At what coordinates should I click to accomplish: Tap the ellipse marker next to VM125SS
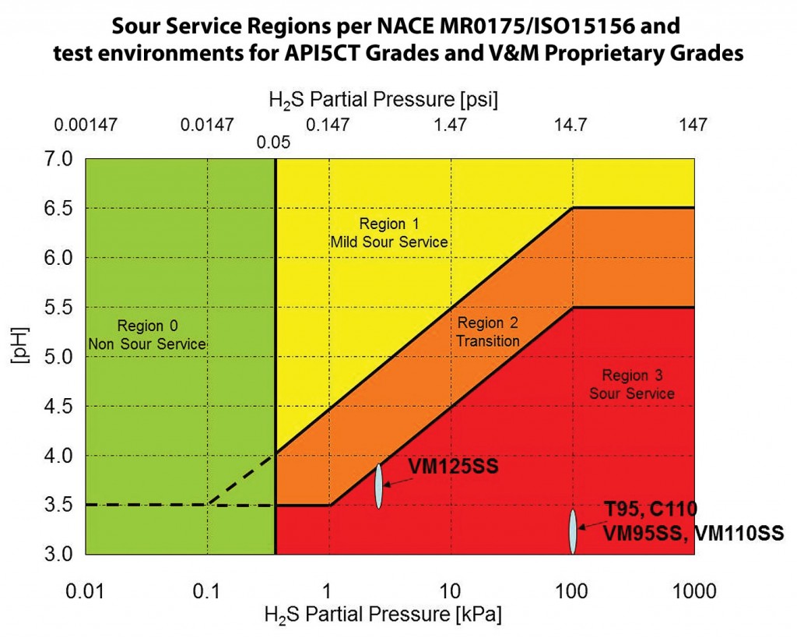378,486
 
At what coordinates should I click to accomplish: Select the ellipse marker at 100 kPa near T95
572,531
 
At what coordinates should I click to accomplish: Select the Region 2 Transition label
488,331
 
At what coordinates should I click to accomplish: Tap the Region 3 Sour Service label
631,384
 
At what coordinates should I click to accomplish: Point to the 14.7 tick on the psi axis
572,124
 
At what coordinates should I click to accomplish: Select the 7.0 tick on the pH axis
60,159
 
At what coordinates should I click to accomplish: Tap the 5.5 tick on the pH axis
60,307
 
